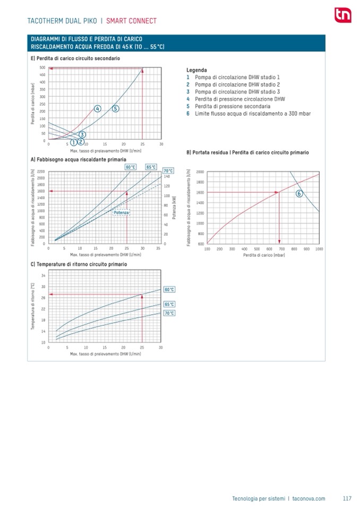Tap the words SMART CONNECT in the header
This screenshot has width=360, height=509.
[x=131, y=21]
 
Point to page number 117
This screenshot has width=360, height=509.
[x=347, y=498]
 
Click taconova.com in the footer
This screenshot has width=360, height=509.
[x=308, y=498]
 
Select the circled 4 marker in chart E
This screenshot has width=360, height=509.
[x=97, y=108]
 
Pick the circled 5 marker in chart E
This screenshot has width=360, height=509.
[x=115, y=108]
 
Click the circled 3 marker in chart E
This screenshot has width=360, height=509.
[x=82, y=134]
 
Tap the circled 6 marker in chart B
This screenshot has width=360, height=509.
[x=299, y=194]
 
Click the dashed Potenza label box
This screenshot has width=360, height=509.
[x=122, y=212]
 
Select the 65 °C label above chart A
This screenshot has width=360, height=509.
[x=151, y=167]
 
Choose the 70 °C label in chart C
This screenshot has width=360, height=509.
[x=169, y=313]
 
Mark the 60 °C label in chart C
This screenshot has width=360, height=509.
[x=169, y=290]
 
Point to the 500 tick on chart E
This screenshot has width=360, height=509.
[x=42, y=67]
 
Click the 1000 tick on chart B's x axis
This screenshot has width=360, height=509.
[x=319, y=248]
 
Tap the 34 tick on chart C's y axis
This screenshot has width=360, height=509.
[x=44, y=275]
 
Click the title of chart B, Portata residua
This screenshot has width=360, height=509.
[x=247, y=152]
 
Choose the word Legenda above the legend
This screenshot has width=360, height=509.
[x=196, y=70]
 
